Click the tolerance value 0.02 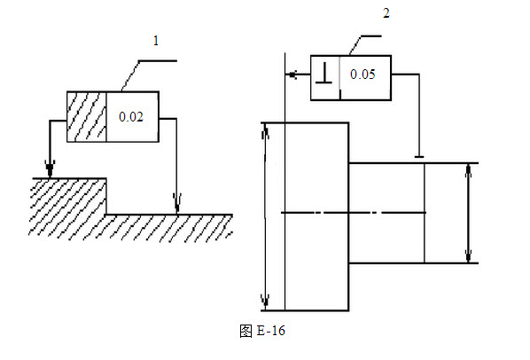pos(131,117)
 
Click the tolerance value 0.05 pos(362,74)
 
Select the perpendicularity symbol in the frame pos(323,74)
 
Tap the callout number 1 pos(156,41)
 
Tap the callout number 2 pos(386,13)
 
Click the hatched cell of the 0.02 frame pos(87,117)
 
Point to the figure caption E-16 pos(271,330)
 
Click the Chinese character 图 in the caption pos(246,331)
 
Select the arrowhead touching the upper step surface pos(50,169)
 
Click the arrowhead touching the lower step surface pos(176,203)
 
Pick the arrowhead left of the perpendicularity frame pos(292,74)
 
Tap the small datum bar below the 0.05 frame pos(419,157)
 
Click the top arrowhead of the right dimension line pos(469,171)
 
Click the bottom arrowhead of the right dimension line pos(469,255)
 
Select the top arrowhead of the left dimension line pos(265,131)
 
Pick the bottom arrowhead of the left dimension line pos(265,301)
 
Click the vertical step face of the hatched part pos(106,196)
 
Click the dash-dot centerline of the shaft pos(354,213)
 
